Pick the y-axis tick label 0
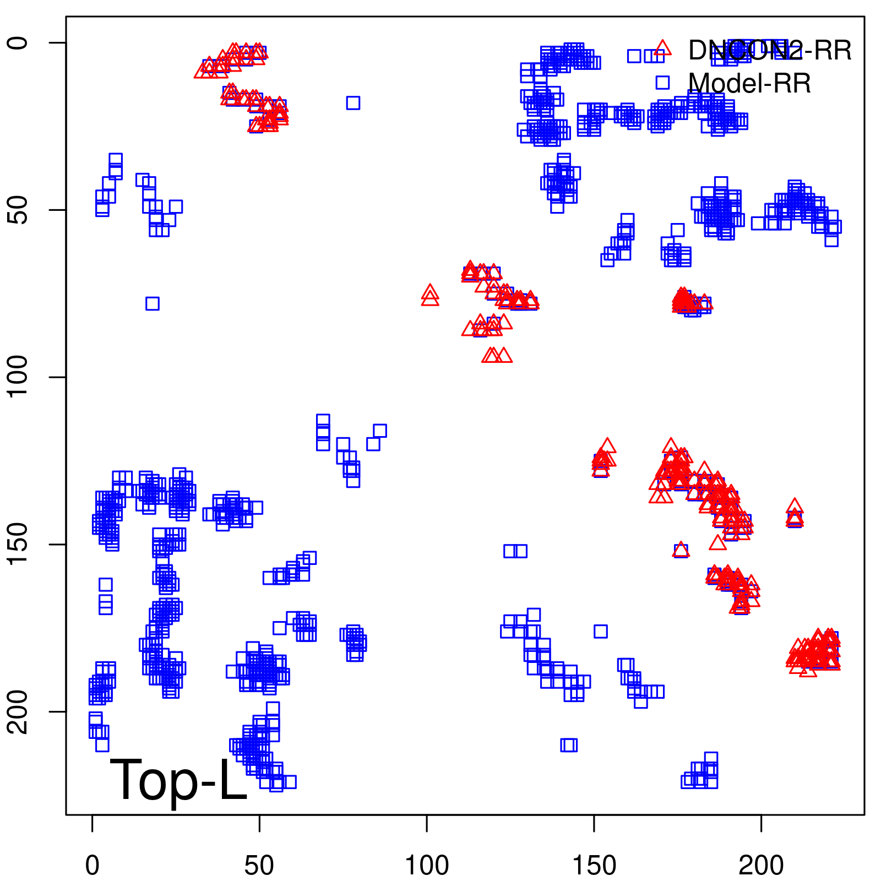click(18, 43)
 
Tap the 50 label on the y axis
click(18, 210)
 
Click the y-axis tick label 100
click(18, 377)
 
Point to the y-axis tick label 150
click(18, 544)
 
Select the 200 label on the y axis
click(18, 711)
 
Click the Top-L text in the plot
click(178, 780)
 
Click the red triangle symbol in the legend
click(662, 48)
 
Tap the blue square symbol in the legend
click(662, 83)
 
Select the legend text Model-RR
click(749, 84)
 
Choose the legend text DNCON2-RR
click(770, 51)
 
